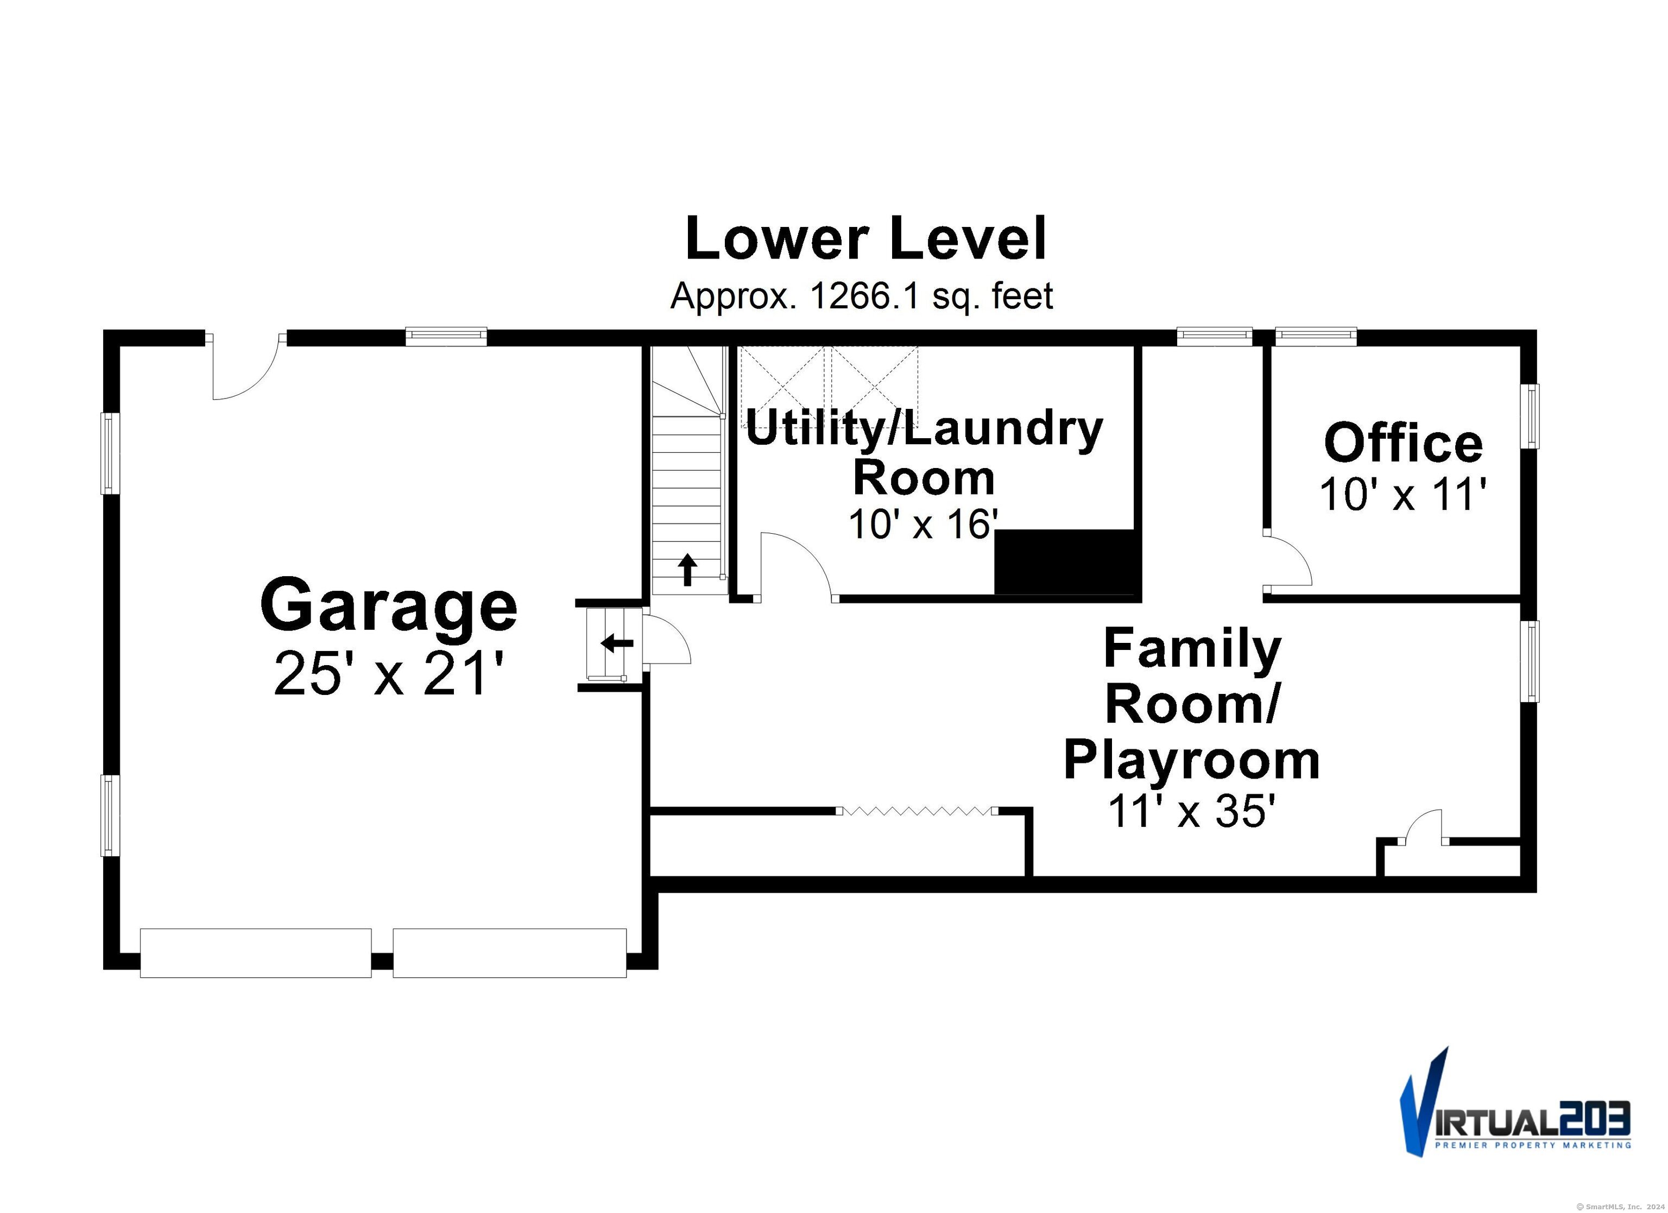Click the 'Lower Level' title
pos(865,239)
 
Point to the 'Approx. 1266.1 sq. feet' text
pos(861,296)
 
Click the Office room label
pos(1403,443)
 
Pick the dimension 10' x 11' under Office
pos(1403,494)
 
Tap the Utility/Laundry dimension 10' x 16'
pos(923,524)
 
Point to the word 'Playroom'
pos(1191,761)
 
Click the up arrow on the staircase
pos(687,570)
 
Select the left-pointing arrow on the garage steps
pos(616,643)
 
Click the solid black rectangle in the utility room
pos(1066,561)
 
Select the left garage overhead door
pos(256,953)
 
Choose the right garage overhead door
pos(510,953)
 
